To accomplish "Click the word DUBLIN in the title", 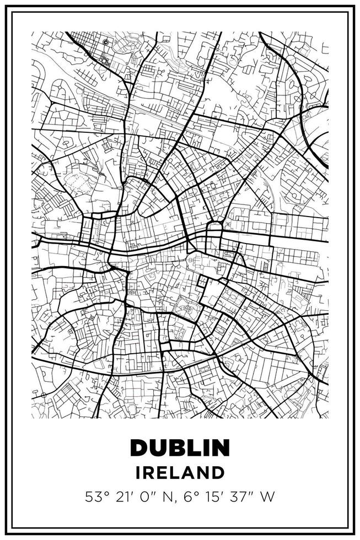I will pos(180,447).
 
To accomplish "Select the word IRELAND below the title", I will pos(180,472).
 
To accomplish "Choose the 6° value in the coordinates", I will pos(190,497).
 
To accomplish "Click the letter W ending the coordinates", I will pos(267,497).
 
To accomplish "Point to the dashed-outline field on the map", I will pos(77,181).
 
